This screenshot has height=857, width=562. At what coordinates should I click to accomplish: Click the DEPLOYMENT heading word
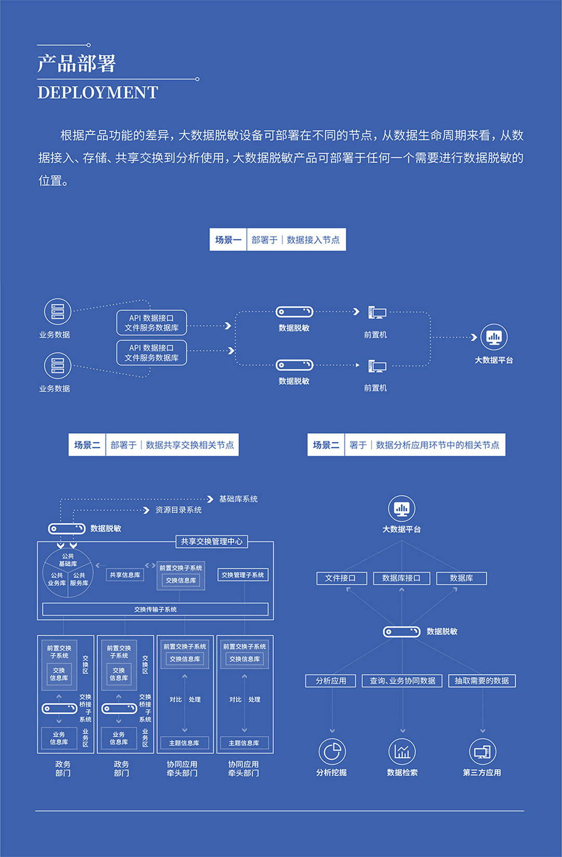point(98,93)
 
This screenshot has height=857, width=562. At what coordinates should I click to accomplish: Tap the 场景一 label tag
point(228,240)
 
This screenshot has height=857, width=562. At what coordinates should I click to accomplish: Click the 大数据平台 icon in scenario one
point(493,337)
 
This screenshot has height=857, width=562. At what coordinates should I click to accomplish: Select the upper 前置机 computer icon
point(377,312)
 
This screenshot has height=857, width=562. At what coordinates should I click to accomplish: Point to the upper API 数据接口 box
point(151,323)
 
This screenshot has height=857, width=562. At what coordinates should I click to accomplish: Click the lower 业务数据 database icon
point(57,366)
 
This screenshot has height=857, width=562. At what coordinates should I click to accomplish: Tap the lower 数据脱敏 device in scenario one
point(295,365)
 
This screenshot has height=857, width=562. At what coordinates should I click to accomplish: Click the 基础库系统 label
point(238,499)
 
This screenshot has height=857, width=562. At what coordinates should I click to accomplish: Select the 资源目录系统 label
point(178,510)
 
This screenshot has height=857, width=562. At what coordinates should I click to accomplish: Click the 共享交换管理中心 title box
point(212,541)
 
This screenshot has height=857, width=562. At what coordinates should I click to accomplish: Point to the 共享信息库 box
point(125,575)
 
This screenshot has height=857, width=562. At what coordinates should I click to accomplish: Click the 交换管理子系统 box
point(242,575)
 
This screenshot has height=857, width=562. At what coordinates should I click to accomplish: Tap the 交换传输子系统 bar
point(155,609)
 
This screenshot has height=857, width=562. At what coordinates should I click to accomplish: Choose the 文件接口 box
point(341,578)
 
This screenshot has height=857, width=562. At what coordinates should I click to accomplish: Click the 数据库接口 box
point(401,578)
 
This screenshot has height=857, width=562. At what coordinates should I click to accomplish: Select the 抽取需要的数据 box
point(482,680)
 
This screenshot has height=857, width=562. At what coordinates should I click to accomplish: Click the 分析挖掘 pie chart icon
point(332,751)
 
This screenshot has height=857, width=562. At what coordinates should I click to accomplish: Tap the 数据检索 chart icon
point(402,751)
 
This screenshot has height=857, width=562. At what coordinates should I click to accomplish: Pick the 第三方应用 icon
point(482,751)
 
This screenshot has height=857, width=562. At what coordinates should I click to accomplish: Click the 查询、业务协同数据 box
point(402,680)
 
